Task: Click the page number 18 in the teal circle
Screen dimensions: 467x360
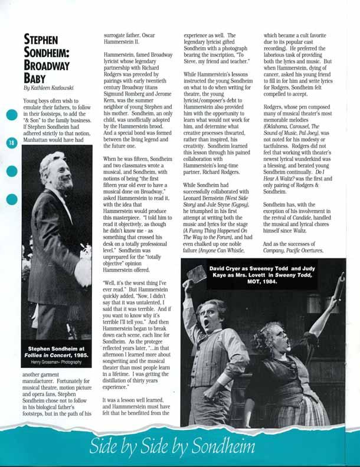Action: [11, 143]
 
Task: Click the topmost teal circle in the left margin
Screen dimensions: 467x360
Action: [12, 116]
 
